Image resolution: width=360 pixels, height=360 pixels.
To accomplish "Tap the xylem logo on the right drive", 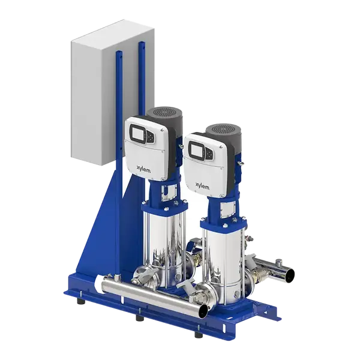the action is (x=202, y=186).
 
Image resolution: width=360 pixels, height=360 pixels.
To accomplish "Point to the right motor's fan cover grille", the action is (x=223, y=129).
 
